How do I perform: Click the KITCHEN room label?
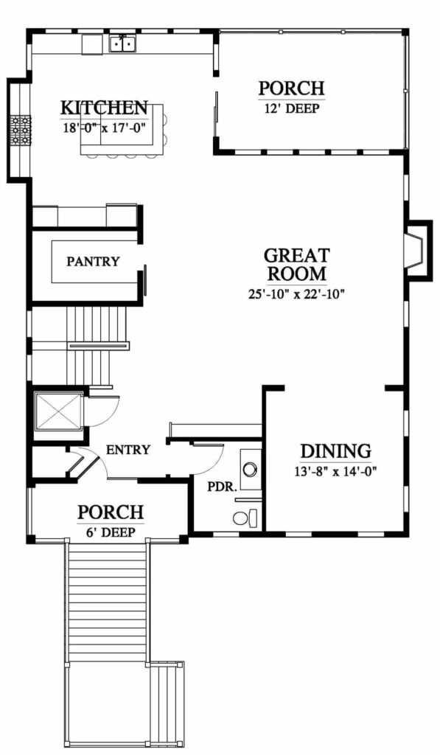click(x=104, y=108)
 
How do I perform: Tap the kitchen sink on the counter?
click(x=123, y=44)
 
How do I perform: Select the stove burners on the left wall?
click(x=21, y=130)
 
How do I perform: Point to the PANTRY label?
click(x=93, y=262)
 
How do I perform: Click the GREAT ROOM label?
click(x=297, y=265)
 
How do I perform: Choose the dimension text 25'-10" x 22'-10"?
click(x=297, y=294)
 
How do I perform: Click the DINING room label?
click(x=335, y=452)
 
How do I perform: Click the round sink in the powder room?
click(x=249, y=468)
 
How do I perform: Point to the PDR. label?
click(x=222, y=487)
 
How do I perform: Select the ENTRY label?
click(x=128, y=450)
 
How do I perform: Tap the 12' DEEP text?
click(x=292, y=108)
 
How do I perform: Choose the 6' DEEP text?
click(x=111, y=532)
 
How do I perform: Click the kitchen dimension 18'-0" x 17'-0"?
click(x=104, y=128)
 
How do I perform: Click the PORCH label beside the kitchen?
click(x=292, y=88)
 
